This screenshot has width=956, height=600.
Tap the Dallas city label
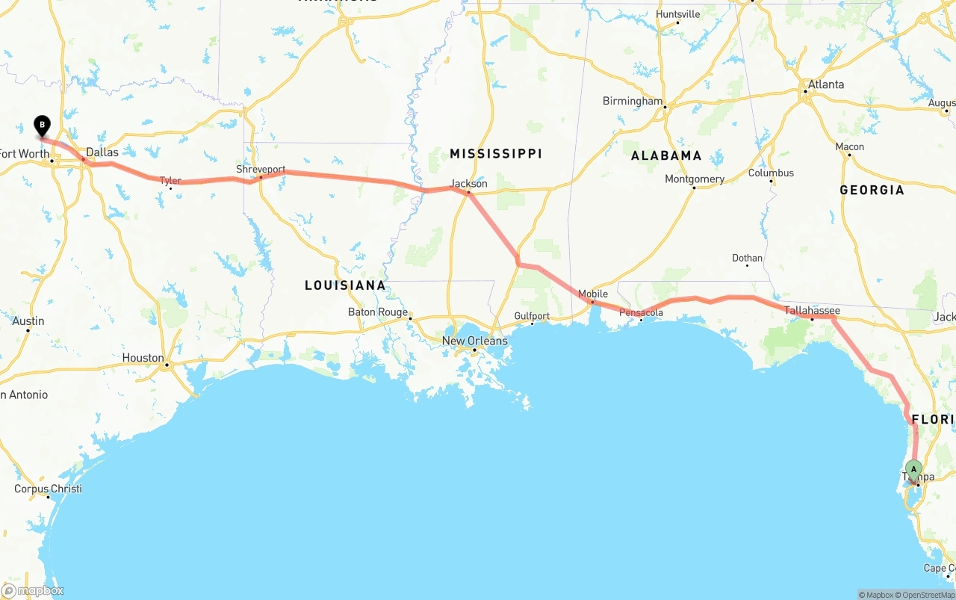tap(102, 152)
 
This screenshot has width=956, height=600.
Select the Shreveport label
tap(261, 170)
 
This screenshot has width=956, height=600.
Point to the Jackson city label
tap(469, 183)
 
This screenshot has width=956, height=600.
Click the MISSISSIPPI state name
tap(496, 153)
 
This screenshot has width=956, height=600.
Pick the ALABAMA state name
tap(666, 155)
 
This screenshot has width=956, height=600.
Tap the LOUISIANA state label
tap(345, 285)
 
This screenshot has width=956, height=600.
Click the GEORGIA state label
tap(872, 190)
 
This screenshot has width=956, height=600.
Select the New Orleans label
tap(474, 341)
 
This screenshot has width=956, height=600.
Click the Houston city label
tap(143, 358)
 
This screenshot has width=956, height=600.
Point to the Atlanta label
tap(825, 84)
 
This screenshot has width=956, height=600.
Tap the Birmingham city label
tap(633, 101)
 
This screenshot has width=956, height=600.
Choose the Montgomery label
tap(695, 179)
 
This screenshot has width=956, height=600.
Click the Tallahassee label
tap(812, 311)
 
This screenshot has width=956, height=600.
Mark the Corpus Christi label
tap(48, 489)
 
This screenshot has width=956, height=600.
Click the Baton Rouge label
tap(378, 312)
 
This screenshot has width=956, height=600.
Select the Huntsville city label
tap(678, 14)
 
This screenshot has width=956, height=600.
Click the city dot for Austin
tap(28, 330)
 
